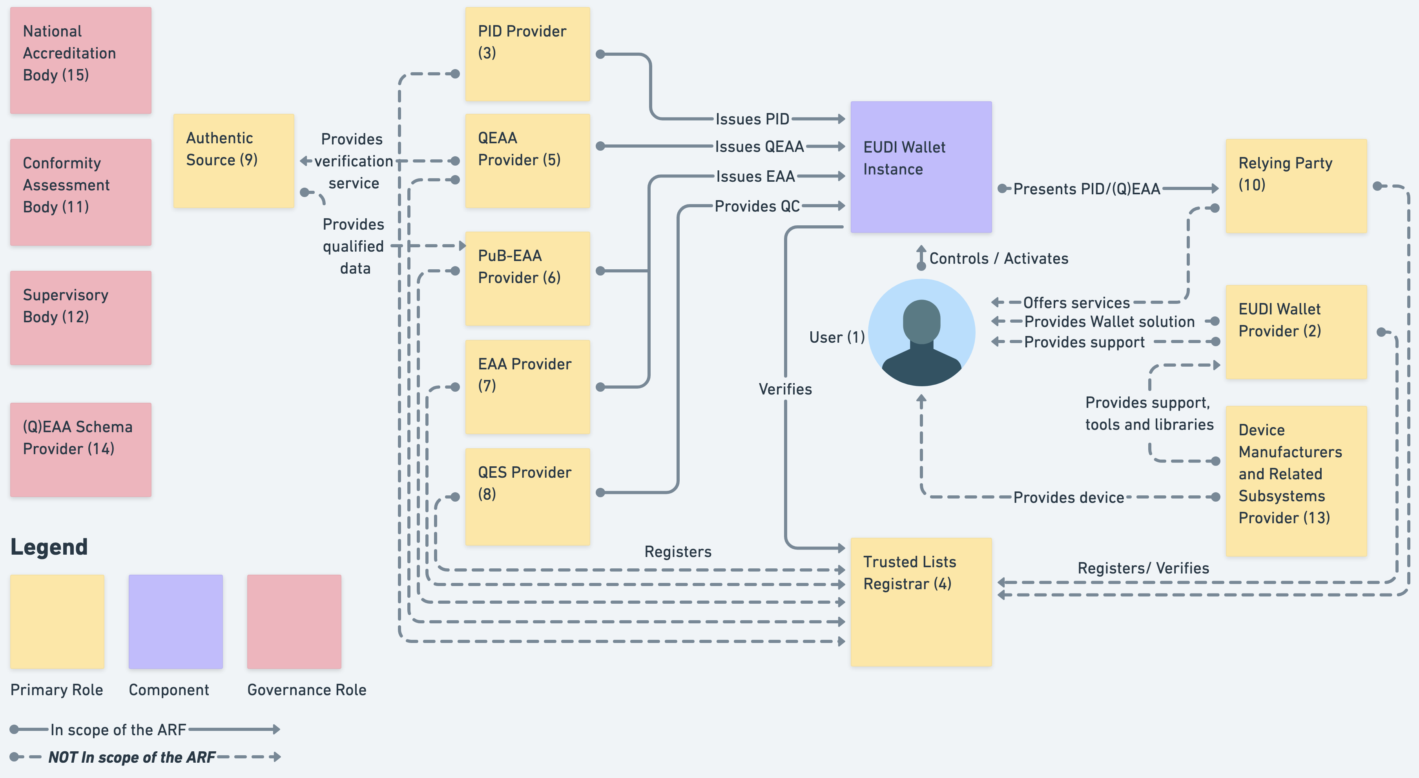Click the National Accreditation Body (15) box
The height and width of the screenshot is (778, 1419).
pyautogui.click(x=80, y=60)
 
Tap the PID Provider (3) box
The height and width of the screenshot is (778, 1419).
pyautogui.click(x=527, y=54)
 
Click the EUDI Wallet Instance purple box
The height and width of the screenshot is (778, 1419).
pyautogui.click(x=921, y=166)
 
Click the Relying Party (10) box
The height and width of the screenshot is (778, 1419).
pyautogui.click(x=1296, y=186)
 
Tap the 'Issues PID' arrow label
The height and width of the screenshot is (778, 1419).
pyautogui.click(x=752, y=119)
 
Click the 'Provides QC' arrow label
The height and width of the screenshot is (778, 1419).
pyautogui.click(x=757, y=206)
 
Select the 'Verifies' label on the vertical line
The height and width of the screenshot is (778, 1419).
pyautogui.click(x=785, y=389)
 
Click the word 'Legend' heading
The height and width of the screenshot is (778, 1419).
pyautogui.click(x=49, y=546)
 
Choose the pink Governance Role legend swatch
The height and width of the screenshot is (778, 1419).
pyautogui.click(x=294, y=621)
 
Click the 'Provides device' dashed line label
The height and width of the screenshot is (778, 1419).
pyautogui.click(x=1068, y=498)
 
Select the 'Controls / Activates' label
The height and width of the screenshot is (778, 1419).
pyautogui.click(x=998, y=258)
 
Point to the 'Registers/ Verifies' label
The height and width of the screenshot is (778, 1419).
pyautogui.click(x=1143, y=568)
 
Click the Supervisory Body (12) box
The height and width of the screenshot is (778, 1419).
pyautogui.click(x=80, y=318)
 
